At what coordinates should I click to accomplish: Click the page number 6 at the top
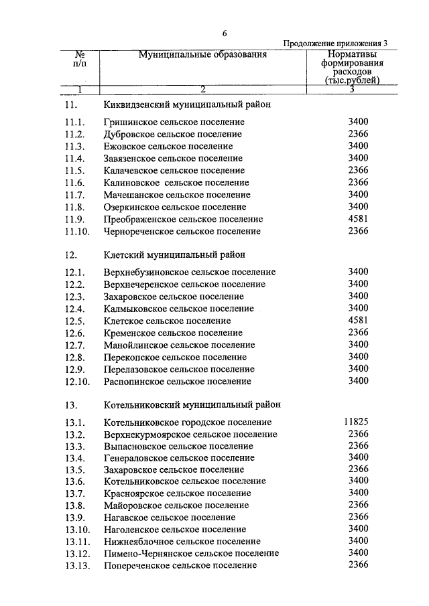(225, 33)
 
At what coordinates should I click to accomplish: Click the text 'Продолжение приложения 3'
(335, 44)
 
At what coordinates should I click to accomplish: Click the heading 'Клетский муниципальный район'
(175, 254)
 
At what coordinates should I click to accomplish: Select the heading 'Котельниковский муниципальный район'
(192, 404)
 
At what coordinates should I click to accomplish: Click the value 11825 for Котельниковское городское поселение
(356, 421)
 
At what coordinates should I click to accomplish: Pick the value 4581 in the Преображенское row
(359, 218)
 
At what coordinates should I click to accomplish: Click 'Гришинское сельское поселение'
(174, 122)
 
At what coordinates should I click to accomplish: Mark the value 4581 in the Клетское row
(359, 320)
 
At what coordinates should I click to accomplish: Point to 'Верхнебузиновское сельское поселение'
(190, 273)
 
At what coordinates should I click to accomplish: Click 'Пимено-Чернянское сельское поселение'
(191, 553)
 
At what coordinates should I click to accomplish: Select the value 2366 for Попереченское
(359, 564)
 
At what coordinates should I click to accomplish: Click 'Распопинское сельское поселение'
(178, 382)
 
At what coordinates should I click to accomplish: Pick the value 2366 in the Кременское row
(359, 332)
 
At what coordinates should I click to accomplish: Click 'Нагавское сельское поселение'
(170, 517)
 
